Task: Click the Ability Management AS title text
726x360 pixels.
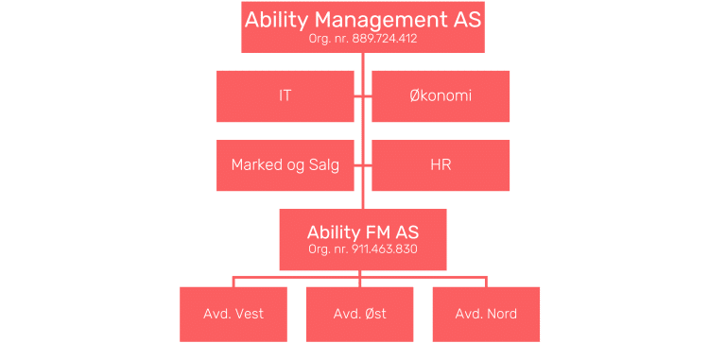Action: pyautogui.click(x=363, y=20)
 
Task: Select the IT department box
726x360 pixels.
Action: pyautogui.click(x=285, y=95)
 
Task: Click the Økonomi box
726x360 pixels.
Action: pyautogui.click(x=441, y=95)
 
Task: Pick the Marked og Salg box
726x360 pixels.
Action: pyautogui.click(x=285, y=165)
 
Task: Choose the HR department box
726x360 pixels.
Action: pyautogui.click(x=441, y=165)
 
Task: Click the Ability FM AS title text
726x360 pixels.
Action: pyautogui.click(x=363, y=231)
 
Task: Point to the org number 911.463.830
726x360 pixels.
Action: pyautogui.click(x=363, y=249)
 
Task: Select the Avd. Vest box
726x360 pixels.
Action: pyautogui.click(x=233, y=313)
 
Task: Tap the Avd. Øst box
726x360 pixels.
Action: pyautogui.click(x=360, y=313)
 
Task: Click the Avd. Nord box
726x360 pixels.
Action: pyautogui.click(x=486, y=313)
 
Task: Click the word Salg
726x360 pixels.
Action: pyautogui.click(x=321, y=165)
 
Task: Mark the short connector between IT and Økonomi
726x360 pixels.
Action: pyautogui.click(x=363, y=95)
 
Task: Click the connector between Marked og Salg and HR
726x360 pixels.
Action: pyautogui.click(x=363, y=165)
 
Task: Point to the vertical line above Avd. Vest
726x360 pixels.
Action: pyautogui.click(x=233, y=282)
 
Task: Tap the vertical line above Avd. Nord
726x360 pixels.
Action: pyautogui.click(x=486, y=282)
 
